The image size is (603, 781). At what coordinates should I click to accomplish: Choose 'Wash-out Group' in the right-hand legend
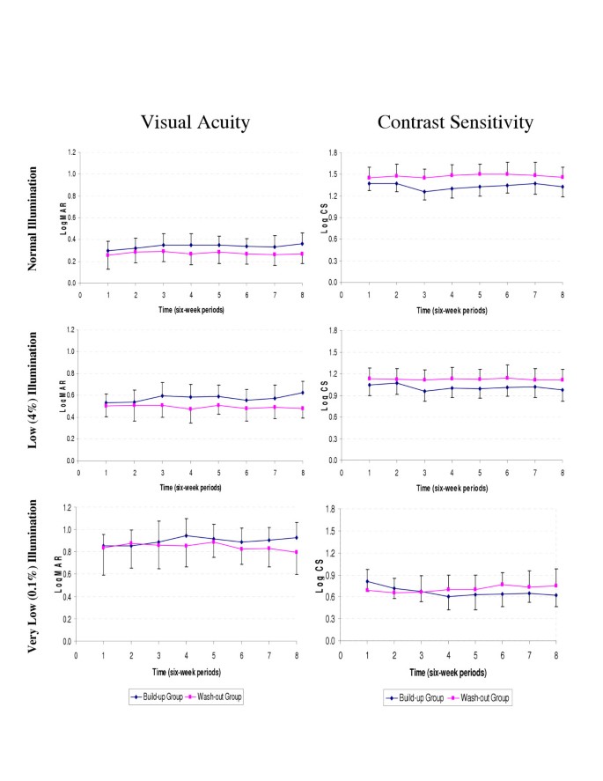pos(482,697)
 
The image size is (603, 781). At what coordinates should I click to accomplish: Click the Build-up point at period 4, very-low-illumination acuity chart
pos(186,535)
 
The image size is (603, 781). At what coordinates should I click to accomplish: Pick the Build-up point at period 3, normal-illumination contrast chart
pos(424,192)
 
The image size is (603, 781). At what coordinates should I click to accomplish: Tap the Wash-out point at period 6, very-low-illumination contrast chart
pos(502,584)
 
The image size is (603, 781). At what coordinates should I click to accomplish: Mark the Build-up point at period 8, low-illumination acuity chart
pos(302,393)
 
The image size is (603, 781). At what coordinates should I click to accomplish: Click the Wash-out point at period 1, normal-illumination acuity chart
pos(107,255)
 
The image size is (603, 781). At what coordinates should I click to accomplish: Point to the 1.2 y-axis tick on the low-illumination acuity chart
pos(68,329)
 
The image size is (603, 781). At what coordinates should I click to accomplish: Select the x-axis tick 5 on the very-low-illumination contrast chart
pos(476,655)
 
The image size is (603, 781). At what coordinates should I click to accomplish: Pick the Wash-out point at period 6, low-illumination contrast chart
pos(507,378)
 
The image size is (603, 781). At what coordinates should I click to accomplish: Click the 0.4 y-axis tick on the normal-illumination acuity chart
pos(70,239)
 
